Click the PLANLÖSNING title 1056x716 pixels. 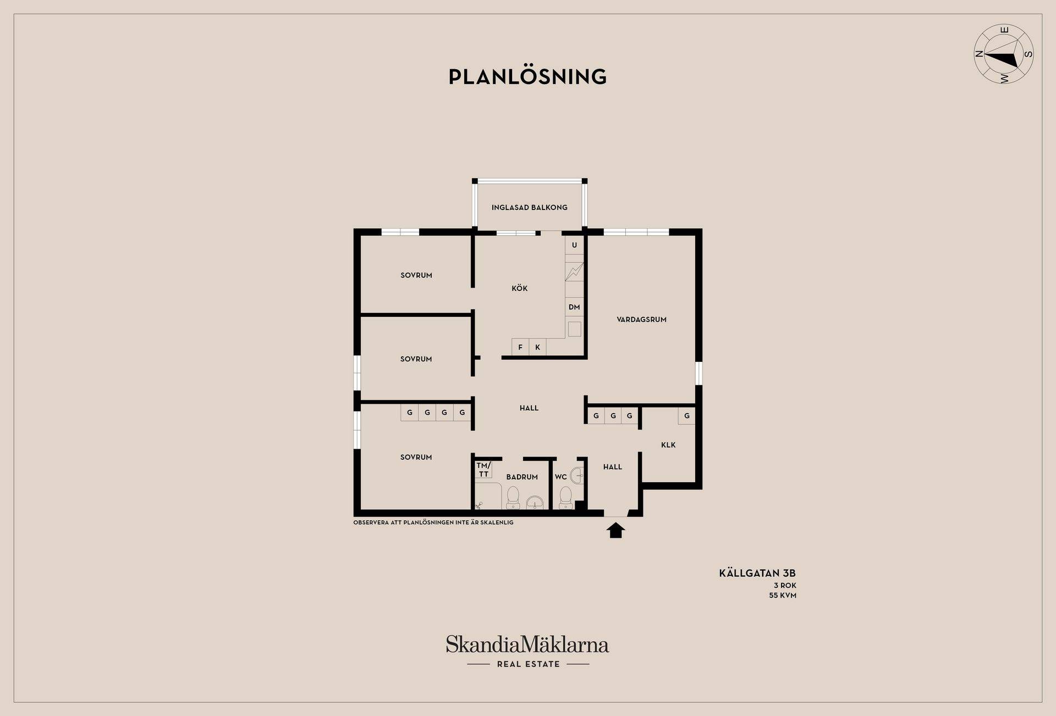point(527,76)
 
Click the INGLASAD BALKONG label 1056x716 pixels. point(529,207)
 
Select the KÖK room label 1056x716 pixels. point(519,288)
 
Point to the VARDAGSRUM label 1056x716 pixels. point(641,319)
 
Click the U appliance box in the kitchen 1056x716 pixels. point(574,245)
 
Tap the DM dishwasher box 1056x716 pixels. point(574,307)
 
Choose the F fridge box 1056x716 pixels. point(520,347)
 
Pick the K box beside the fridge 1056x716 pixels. point(537,347)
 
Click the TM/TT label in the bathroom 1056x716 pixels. point(483,470)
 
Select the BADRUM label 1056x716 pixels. point(522,477)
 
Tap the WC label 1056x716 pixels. point(560,477)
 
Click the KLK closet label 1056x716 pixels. point(668,445)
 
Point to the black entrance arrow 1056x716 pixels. point(615,530)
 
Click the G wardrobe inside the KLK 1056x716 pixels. point(686,416)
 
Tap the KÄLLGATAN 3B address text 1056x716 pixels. point(757,573)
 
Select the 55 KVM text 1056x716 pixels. point(783,595)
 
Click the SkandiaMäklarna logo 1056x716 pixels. point(527,651)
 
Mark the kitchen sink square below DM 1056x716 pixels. point(574,329)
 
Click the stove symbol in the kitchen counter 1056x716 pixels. point(574,272)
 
